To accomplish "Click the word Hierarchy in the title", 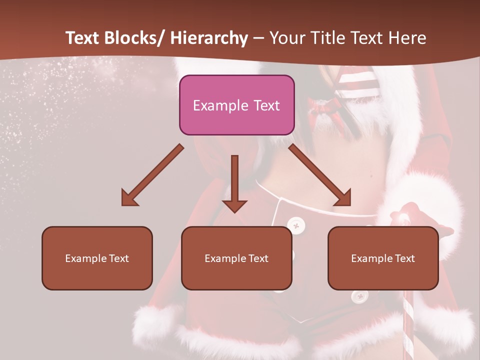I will pos(209,38).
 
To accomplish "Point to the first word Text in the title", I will pos(83,38).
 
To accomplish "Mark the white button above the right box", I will pos(296,225).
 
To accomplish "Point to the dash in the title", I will pos(258,38).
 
